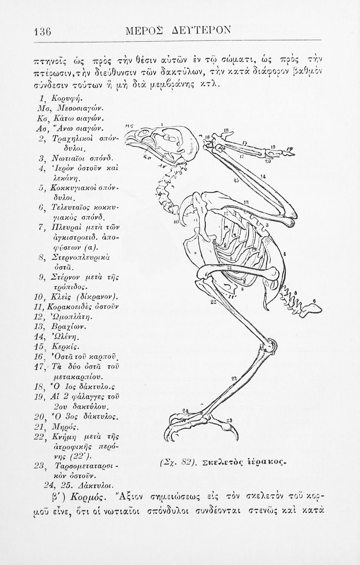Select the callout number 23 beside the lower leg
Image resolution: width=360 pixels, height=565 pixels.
234,378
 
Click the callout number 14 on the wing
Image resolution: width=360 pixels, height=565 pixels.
264,176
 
